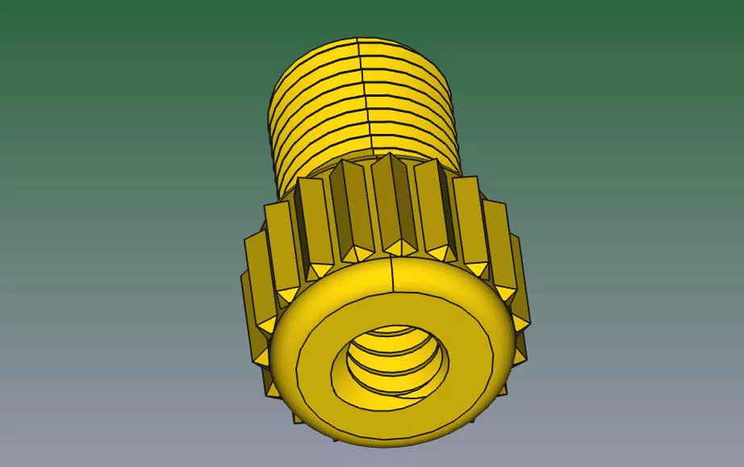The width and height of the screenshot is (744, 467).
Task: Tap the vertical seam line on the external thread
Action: [363, 97]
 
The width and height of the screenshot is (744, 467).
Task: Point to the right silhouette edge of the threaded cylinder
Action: [458, 121]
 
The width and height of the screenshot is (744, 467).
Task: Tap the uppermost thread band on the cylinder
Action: [359, 47]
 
